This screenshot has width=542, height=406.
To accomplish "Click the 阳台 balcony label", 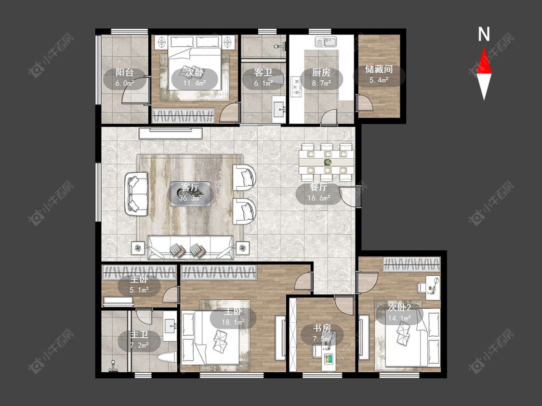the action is [x=124, y=73].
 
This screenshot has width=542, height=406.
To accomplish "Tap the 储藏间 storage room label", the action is [x=379, y=69].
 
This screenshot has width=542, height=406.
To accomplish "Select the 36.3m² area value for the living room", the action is [x=190, y=198].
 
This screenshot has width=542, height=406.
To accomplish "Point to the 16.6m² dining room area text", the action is [x=319, y=198].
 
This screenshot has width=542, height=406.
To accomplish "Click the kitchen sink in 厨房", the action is [x=326, y=42].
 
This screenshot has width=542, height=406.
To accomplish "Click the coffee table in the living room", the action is [x=190, y=194].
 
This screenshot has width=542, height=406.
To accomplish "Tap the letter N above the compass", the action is [x=484, y=35].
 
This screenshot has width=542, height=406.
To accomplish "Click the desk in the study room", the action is [x=329, y=358].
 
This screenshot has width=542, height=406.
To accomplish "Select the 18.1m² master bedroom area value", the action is [x=233, y=322].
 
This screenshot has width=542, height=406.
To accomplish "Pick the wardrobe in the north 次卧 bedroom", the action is [x=183, y=115].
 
